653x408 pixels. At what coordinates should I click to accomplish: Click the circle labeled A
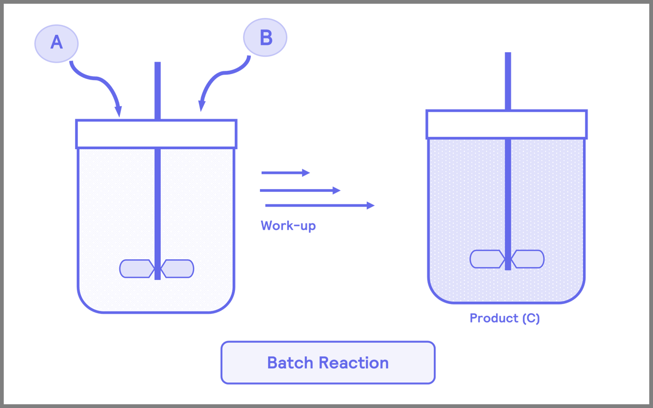(56, 42)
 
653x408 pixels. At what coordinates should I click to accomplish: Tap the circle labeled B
(265, 38)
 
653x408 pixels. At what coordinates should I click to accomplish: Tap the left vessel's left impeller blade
(136, 269)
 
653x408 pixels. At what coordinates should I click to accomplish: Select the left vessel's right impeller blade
(178, 269)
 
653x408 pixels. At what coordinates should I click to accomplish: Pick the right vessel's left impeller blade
(487, 259)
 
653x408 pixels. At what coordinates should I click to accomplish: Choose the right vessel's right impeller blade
(528, 259)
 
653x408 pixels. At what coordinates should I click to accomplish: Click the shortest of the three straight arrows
(285, 173)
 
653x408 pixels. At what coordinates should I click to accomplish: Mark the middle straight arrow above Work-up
(300, 191)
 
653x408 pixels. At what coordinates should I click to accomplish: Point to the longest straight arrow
(319, 205)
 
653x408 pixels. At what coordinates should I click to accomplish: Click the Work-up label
(288, 225)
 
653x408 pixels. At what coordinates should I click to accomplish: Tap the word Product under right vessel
(494, 318)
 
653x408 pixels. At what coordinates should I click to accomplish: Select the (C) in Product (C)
(530, 318)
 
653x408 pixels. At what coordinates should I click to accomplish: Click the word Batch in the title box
(290, 363)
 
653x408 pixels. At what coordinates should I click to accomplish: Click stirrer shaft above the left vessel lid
(158, 90)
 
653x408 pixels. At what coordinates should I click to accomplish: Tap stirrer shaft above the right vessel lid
(507, 81)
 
